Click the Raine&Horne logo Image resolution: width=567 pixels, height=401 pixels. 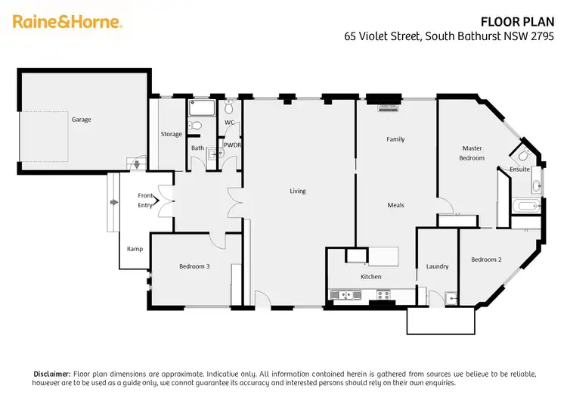point(67,22)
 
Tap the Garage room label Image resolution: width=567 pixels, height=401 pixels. point(82,120)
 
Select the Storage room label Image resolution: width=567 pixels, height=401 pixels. point(172,134)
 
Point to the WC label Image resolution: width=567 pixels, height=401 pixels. point(230,122)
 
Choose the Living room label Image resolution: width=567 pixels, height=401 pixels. point(298,191)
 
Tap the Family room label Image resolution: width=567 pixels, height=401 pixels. point(395,139)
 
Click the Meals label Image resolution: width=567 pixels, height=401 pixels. point(395,205)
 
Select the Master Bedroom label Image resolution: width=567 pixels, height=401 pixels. point(472,153)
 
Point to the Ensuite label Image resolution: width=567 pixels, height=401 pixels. point(520,169)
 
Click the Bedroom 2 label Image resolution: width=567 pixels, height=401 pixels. point(486,260)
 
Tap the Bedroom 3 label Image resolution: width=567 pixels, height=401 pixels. point(194,266)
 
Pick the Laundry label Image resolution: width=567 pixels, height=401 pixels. point(437,266)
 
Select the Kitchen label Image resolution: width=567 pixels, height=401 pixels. point(370,277)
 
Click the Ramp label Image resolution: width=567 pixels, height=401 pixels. point(135,248)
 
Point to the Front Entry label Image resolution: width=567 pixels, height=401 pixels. point(145,201)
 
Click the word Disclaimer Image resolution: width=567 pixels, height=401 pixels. point(52,374)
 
